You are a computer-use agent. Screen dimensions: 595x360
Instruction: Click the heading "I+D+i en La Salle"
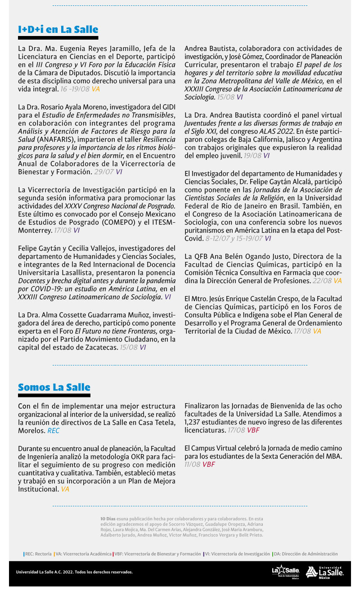[58, 30]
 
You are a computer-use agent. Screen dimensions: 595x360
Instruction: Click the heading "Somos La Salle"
[54, 388]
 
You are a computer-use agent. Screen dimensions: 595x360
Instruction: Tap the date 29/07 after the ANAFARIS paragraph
[103, 172]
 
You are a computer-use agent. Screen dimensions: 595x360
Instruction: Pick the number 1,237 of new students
[194, 422]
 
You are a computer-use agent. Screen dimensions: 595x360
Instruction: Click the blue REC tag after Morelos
[54, 431]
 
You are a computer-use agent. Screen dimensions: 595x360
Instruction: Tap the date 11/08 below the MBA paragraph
[192, 464]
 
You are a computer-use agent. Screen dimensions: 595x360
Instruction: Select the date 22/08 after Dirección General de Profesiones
[322, 281]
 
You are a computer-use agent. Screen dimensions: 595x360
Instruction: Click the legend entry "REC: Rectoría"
[38, 554]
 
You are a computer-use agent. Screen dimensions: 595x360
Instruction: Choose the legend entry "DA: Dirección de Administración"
[306, 554]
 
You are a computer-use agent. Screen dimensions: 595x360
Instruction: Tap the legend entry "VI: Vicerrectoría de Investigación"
[237, 554]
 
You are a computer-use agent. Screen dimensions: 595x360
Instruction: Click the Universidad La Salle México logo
[324, 572]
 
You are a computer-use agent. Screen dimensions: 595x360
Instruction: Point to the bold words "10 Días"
[108, 519]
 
